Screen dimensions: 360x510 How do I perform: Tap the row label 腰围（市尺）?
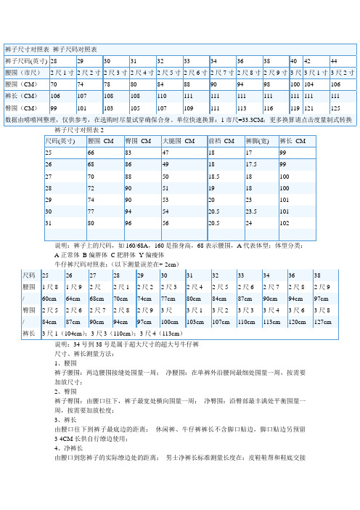point(24,73)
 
